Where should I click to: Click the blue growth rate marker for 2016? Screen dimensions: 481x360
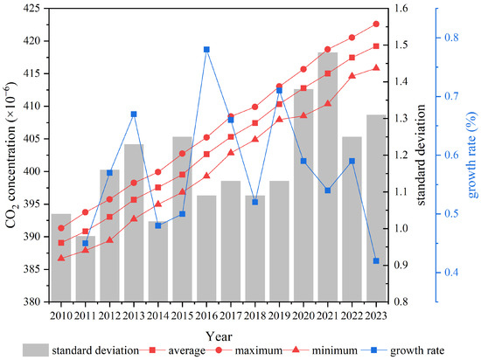point(206,50)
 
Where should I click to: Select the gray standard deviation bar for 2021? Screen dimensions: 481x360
point(328,177)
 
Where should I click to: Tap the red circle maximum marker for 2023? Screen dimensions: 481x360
point(376,24)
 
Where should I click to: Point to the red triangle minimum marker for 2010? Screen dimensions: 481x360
point(61,259)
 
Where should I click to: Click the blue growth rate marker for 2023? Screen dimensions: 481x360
point(376,261)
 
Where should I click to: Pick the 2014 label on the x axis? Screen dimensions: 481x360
point(158,315)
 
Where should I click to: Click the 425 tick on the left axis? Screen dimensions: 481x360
point(31,8)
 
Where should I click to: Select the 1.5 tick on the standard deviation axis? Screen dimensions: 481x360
point(401,45)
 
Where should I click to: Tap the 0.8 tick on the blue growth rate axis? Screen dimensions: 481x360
point(451,38)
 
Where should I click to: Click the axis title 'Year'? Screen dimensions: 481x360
point(219,336)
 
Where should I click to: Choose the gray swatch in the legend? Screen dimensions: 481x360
point(36,350)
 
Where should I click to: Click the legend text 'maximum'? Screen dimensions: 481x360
point(258,350)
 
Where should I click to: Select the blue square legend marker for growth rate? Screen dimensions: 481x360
point(373,350)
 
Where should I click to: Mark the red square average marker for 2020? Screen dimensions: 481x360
point(303,88)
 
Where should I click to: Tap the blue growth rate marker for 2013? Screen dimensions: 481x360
point(134,114)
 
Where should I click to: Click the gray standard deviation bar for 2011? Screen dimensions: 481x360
point(86,269)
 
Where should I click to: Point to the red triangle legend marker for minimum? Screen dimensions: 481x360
point(296,350)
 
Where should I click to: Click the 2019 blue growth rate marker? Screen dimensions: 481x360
point(279,91)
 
